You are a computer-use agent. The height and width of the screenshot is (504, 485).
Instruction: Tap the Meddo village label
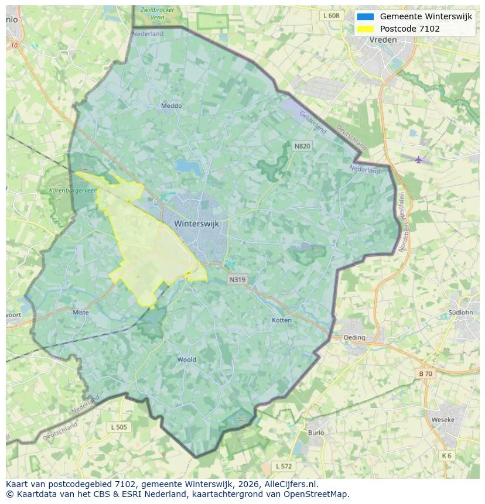click(x=171, y=106)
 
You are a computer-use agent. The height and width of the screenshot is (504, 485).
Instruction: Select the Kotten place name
click(x=282, y=320)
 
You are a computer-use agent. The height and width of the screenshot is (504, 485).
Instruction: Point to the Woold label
click(x=187, y=359)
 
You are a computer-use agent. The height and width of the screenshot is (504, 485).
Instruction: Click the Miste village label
click(x=81, y=313)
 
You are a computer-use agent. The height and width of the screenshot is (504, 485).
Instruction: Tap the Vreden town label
click(x=383, y=40)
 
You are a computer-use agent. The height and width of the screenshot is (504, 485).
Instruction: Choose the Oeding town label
click(x=354, y=338)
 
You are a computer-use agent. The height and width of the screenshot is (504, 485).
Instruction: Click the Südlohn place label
click(x=460, y=313)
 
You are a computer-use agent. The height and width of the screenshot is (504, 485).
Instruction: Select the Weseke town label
click(x=442, y=420)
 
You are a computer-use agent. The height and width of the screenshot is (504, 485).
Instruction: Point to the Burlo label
click(x=316, y=433)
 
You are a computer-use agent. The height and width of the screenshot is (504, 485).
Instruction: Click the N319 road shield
click(x=237, y=280)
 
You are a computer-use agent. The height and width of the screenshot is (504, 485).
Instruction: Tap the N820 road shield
click(x=301, y=146)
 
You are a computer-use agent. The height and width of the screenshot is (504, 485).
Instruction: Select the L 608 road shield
click(x=330, y=16)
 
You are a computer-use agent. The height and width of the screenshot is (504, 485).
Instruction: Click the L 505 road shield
click(x=119, y=427)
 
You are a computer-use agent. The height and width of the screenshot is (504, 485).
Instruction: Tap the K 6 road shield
click(x=447, y=455)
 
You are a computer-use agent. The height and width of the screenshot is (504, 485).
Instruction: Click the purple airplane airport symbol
click(x=418, y=159)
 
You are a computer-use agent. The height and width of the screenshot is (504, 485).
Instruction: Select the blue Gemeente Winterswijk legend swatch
click(x=366, y=16)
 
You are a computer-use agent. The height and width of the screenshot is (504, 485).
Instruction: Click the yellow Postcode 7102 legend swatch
click(x=366, y=29)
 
